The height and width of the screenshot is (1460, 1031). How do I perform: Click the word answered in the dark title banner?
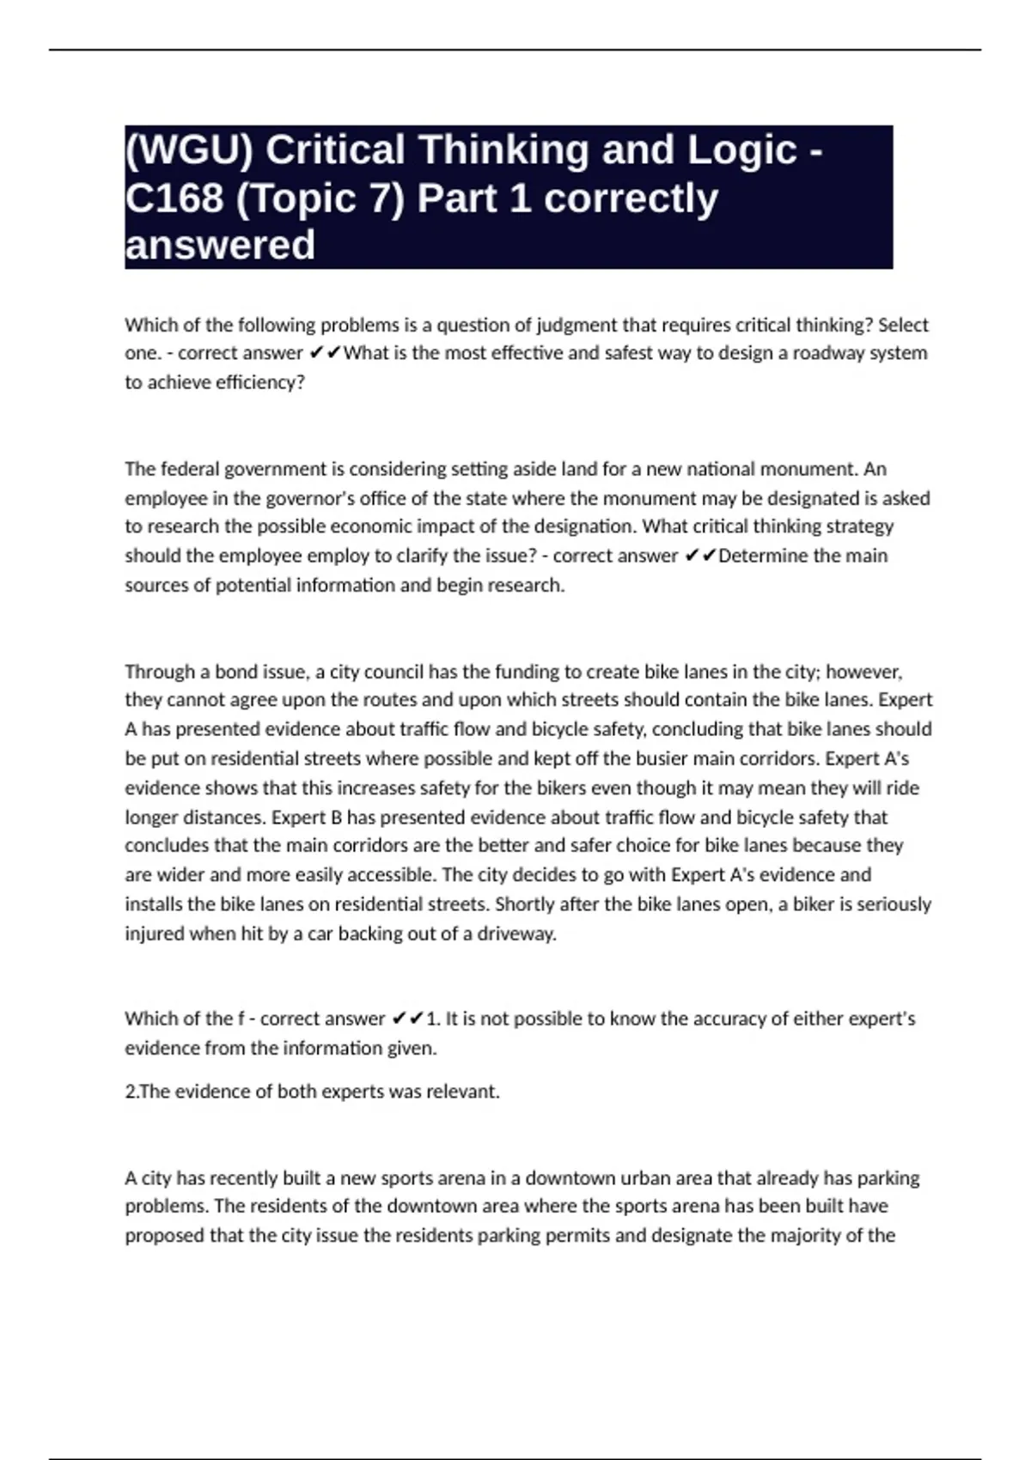coord(220,246)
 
